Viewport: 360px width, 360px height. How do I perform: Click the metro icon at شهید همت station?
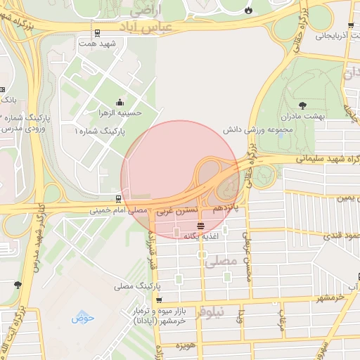[x=96, y=32]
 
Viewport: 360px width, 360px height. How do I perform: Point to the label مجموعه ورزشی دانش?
[x=249, y=131]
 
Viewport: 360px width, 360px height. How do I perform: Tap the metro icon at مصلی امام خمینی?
[x=117, y=199]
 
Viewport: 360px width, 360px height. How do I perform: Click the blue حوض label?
[x=82, y=317]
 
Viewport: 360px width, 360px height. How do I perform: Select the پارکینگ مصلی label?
[x=138, y=287]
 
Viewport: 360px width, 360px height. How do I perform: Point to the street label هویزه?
[x=186, y=346]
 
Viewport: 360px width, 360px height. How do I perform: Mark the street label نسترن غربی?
[x=184, y=210]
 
